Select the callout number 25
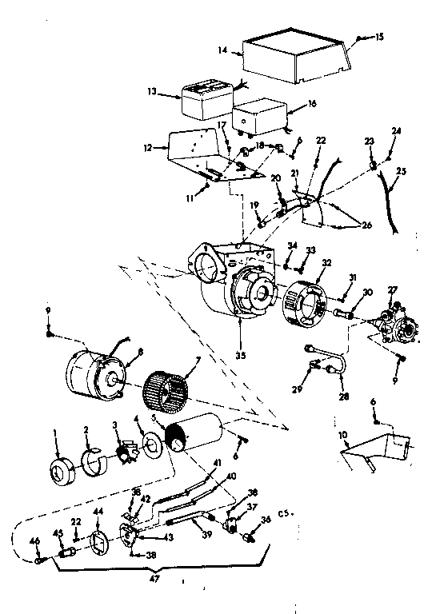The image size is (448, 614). pyautogui.click(x=400, y=172)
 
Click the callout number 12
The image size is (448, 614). pyautogui.click(x=146, y=147)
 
